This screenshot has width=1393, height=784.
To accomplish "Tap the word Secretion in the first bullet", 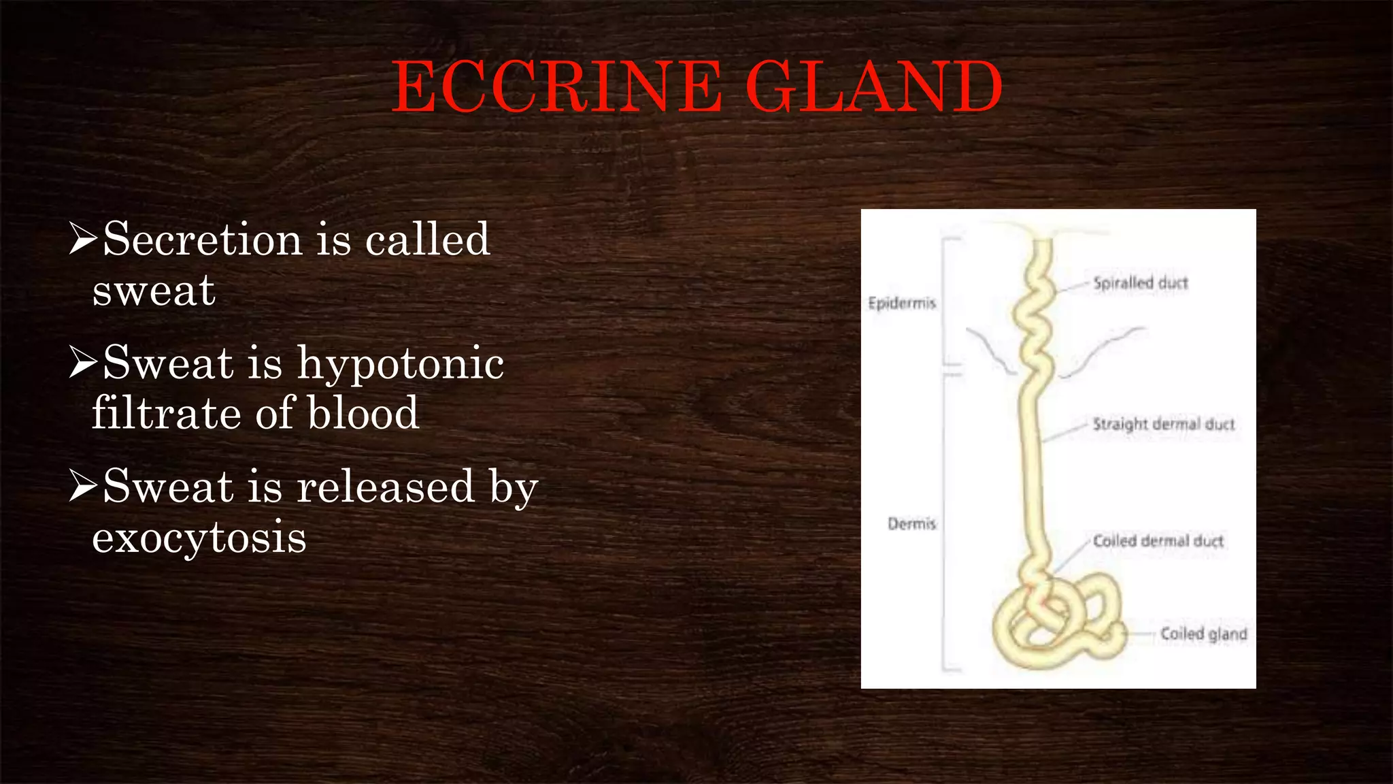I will pyautogui.click(x=202, y=240).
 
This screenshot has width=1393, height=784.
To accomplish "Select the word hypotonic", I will pyautogui.click(x=401, y=363).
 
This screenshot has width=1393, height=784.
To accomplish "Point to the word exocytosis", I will pyautogui.click(x=199, y=538).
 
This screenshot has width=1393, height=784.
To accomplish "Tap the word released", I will pyautogui.click(x=385, y=487).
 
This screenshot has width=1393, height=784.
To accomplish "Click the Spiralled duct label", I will pyautogui.click(x=1140, y=283).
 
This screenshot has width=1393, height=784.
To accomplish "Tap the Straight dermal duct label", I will pyautogui.click(x=1163, y=425).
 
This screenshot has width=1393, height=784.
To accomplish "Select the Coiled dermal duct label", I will pyautogui.click(x=1158, y=541).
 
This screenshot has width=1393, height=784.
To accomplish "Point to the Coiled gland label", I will pyautogui.click(x=1203, y=634).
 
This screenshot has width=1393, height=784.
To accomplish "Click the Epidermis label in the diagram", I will pyautogui.click(x=902, y=303).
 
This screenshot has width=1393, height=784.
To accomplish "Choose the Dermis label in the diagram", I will pyautogui.click(x=911, y=524).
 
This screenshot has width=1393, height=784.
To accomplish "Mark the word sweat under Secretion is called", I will pyautogui.click(x=154, y=291).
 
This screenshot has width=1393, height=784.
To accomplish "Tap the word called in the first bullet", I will pyautogui.click(x=427, y=240).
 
